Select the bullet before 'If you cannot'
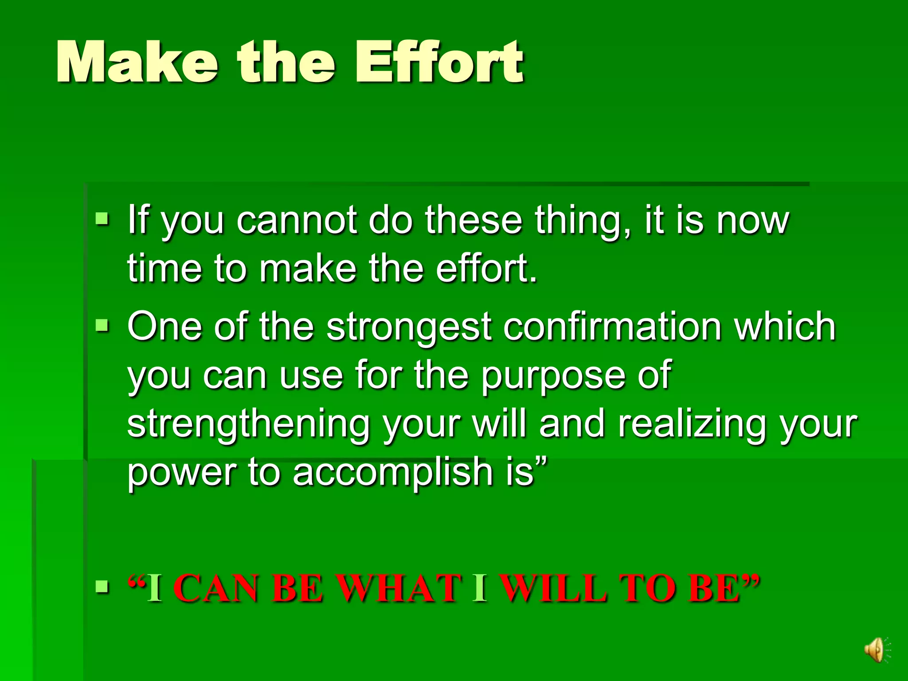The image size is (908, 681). pyautogui.click(x=102, y=219)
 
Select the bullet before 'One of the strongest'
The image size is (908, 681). pyautogui.click(x=102, y=326)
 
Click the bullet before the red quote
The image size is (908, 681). pyautogui.click(x=102, y=587)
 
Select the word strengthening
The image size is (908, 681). pyautogui.click(x=248, y=425)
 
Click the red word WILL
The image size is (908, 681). pyautogui.click(x=553, y=589)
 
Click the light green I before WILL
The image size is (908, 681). pyautogui.click(x=480, y=589)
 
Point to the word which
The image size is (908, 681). pyautogui.click(x=784, y=327)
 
